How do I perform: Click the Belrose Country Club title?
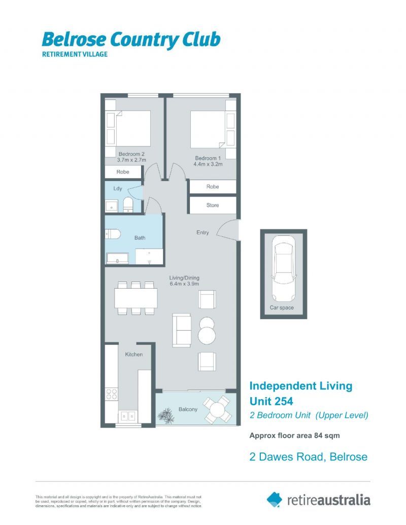coord(131,39)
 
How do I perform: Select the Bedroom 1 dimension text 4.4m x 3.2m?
coord(208,164)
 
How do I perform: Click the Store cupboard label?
coord(213,205)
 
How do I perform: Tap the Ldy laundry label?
coord(118,189)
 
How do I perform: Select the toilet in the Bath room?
coord(112,234)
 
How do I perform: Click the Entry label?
coord(202,233)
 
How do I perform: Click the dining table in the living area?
coord(136,298)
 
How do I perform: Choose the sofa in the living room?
coord(182,330)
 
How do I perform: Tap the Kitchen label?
coord(134,355)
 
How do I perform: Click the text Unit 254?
coord(271,401)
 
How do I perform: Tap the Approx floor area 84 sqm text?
coord(294,435)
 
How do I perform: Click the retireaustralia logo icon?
coord(275,499)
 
